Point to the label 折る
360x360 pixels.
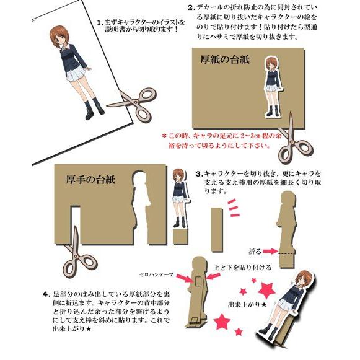254,252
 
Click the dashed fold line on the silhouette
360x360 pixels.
286,253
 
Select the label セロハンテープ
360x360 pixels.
157,273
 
